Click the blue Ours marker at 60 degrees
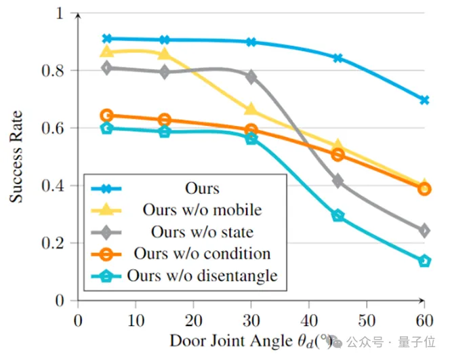click(424, 100)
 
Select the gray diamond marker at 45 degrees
click(337, 181)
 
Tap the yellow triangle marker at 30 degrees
click(251, 109)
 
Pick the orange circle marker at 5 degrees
click(107, 116)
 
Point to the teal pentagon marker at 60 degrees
click(424, 260)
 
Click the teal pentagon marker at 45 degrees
click(337, 216)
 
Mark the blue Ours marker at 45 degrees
click(337, 58)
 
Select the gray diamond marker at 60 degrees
click(424, 231)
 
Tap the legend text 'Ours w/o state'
click(202, 231)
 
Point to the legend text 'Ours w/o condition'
click(202, 254)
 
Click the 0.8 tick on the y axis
click(61, 71)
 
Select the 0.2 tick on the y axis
click(61, 243)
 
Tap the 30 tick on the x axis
click(251, 319)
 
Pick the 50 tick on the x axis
click(367, 319)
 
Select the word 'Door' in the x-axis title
click(186, 340)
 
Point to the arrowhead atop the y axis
click(78, 13)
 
